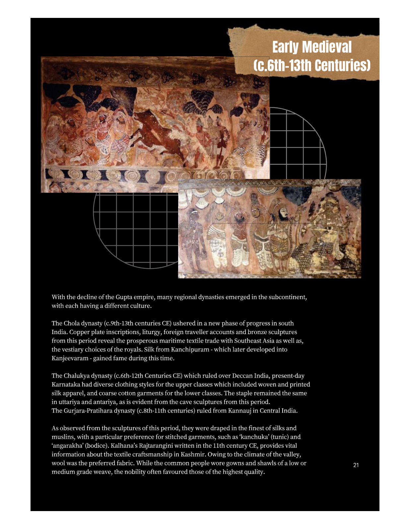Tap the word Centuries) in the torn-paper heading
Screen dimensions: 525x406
[x=342, y=65]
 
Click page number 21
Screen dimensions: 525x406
[x=356, y=465]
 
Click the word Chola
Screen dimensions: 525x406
[x=72, y=323]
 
